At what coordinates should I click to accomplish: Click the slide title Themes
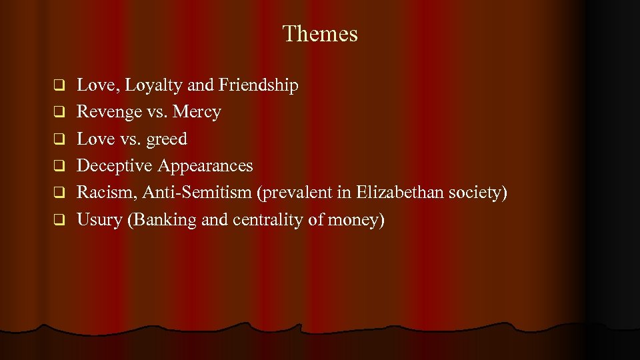pos(320,33)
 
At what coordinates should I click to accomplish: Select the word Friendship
pos(259,85)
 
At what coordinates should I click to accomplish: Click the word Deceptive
pos(115,166)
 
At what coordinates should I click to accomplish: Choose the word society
pos(478,193)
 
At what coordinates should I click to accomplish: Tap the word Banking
pos(163,220)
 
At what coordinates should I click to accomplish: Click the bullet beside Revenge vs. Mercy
pos(58,111)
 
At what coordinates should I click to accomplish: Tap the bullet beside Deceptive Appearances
pos(58,165)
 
